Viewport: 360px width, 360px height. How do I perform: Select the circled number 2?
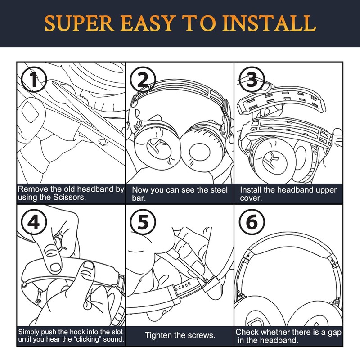[143, 80]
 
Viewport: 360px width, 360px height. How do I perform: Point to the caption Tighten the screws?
[180, 335]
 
